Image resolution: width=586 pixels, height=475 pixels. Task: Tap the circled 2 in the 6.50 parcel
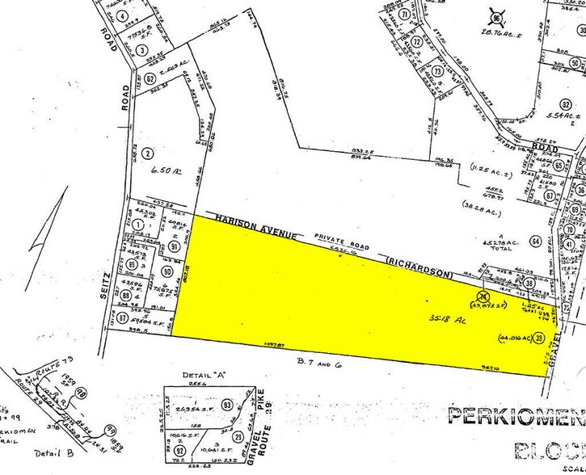(147, 153)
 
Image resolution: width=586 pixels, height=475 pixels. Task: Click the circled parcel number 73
(437, 71)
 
